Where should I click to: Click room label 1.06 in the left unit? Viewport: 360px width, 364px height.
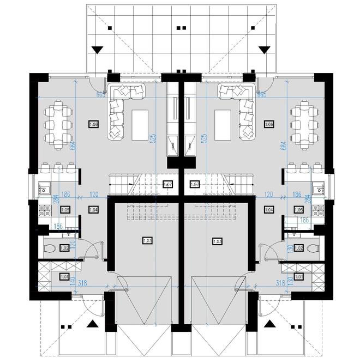coord(93,125)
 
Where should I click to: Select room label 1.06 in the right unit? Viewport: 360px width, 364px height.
coord(268,125)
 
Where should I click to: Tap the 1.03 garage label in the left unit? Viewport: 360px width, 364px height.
coord(147,240)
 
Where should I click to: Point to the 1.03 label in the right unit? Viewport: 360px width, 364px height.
coord(217,240)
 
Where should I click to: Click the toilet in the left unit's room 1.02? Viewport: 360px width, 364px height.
coord(51,248)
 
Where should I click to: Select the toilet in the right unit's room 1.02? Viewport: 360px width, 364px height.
coord(311,248)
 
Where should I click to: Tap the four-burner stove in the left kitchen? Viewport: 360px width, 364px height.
coord(43,208)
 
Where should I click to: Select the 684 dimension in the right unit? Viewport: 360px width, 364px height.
coord(283,145)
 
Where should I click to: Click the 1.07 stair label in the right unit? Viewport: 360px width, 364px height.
coord(195,185)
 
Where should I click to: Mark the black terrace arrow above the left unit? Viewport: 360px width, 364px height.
coord(97,50)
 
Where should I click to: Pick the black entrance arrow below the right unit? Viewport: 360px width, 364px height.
coord(268,325)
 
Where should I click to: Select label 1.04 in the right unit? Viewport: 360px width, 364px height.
coord(268,209)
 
